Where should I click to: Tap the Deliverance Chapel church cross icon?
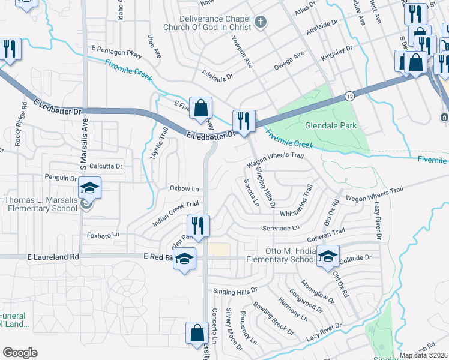click(x=260, y=23)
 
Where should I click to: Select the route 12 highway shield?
click(x=349, y=96)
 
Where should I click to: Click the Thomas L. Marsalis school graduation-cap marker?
click(x=89, y=189)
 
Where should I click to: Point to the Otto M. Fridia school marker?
click(x=328, y=257)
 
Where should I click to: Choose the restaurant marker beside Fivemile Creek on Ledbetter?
click(x=244, y=122)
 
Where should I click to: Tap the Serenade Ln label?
click(x=280, y=228)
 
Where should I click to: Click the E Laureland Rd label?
click(x=53, y=257)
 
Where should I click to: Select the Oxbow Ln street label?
click(x=184, y=188)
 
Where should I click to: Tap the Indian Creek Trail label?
click(x=175, y=213)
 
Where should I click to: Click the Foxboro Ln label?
click(x=103, y=234)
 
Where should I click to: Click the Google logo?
click(x=20, y=353)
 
